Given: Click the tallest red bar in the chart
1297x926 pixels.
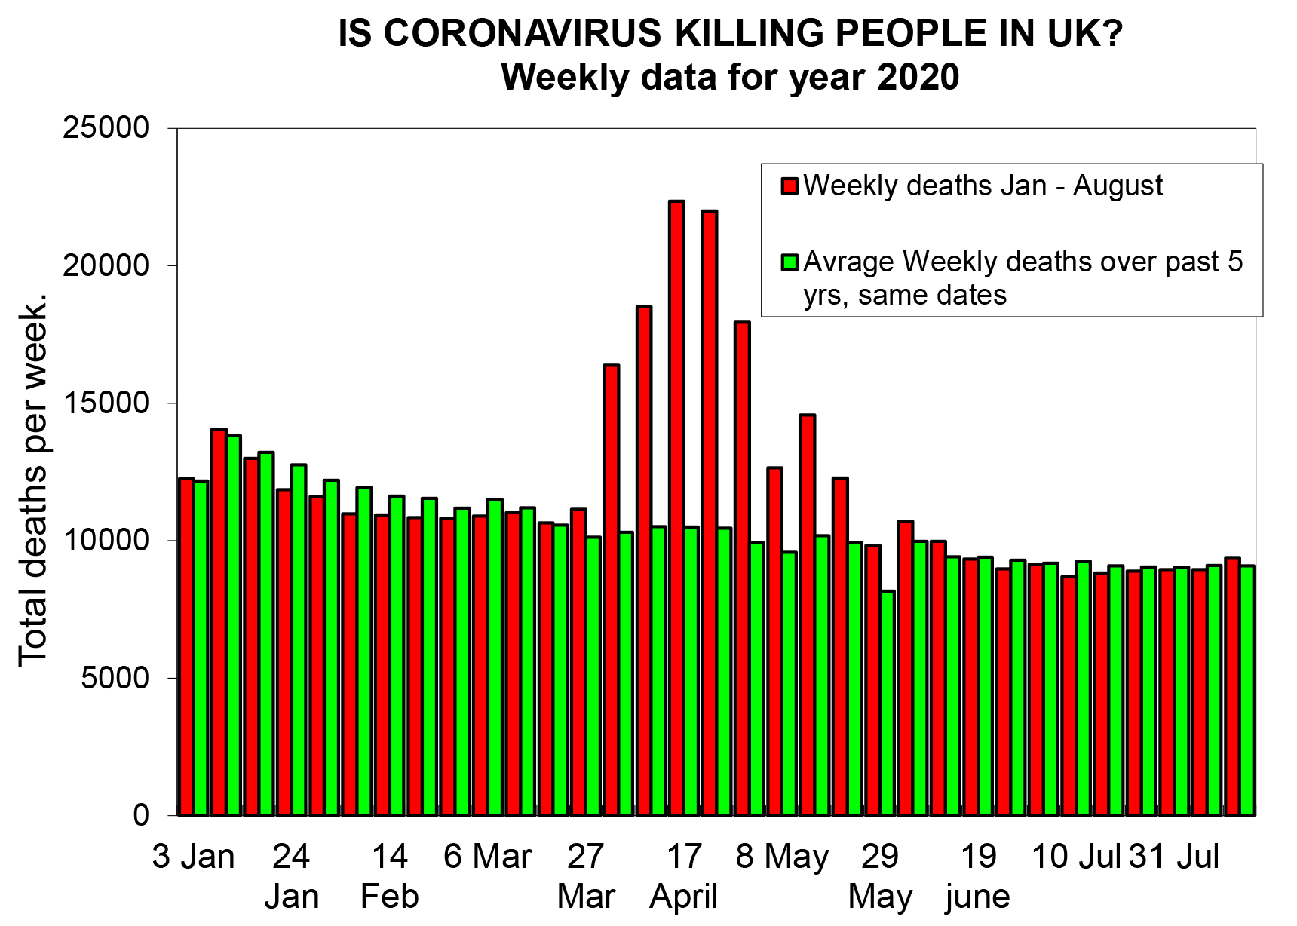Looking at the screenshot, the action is click(676, 507).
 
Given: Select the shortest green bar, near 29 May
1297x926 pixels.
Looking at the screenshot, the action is click(888, 703).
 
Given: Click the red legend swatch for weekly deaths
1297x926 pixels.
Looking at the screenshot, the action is click(790, 186).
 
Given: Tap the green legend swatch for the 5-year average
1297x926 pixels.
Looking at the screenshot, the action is click(790, 262).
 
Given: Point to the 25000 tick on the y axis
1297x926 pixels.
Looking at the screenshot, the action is click(106, 127).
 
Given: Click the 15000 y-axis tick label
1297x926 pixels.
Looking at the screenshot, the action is click(106, 403).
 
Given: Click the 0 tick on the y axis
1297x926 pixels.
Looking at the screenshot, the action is click(141, 815).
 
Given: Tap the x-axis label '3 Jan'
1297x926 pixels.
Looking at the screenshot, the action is click(194, 857).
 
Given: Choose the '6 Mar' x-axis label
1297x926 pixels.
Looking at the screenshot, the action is click(488, 857).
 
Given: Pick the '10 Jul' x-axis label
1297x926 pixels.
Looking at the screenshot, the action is click(1076, 857).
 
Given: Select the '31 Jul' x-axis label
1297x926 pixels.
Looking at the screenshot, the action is click(1174, 857).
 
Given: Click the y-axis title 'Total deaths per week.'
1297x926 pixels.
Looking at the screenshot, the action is click(33, 480).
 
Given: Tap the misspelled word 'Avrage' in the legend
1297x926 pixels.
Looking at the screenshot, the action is click(848, 263).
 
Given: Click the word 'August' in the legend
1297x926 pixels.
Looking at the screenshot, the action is click(1118, 186).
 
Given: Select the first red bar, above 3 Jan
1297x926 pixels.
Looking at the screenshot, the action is click(186, 646).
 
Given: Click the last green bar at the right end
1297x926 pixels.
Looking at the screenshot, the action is click(1248, 690).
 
